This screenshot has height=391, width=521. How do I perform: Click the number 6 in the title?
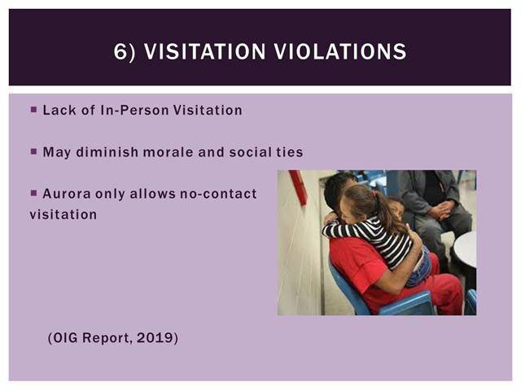pos(120,51)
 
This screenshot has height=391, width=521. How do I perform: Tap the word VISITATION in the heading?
pos(204,51)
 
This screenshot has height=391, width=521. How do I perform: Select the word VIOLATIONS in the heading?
pos(340,51)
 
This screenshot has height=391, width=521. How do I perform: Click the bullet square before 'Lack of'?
pos(33,109)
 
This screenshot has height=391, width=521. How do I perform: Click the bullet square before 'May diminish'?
pos(33,152)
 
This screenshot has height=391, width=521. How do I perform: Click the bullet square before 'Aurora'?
pos(33,193)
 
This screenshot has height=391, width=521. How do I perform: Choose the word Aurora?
pos(67,194)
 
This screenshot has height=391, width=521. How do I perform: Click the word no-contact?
pos(218,194)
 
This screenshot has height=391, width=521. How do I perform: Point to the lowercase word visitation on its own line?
pos(63,214)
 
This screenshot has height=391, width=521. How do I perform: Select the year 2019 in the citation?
pos(155,338)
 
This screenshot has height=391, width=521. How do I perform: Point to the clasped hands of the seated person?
pos(441,210)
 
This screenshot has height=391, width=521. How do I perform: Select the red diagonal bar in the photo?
pos(298,187)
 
